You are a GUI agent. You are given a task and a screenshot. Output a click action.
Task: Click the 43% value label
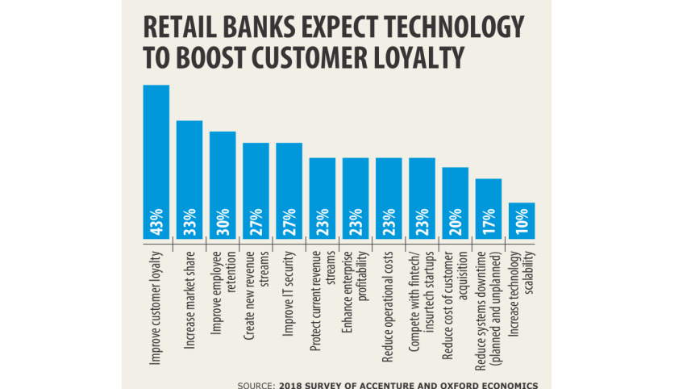[x=156, y=221]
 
